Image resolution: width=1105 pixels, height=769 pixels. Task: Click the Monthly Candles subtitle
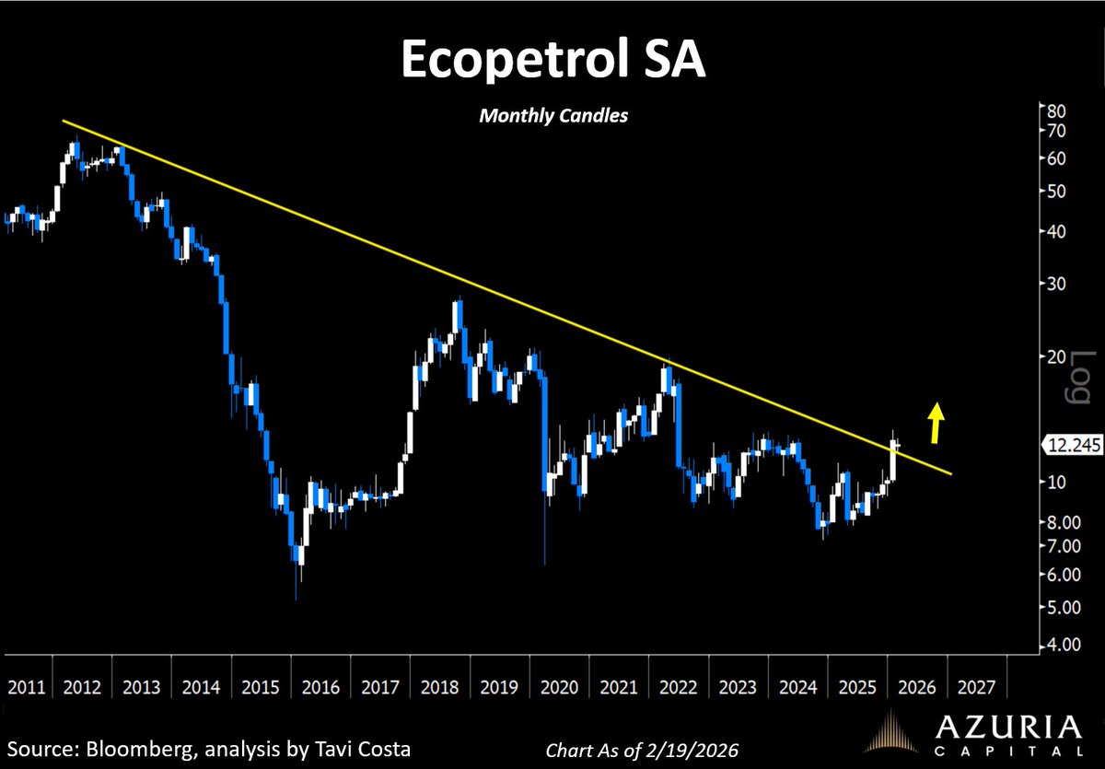coord(552,117)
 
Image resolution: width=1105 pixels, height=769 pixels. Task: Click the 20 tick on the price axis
coord(1054,356)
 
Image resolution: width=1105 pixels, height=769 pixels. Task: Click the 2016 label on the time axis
coord(320,688)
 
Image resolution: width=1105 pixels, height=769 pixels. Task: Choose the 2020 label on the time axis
coord(559,688)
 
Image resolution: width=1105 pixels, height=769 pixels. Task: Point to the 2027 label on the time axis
coord(975,688)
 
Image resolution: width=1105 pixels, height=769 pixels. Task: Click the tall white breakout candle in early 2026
coord(892,460)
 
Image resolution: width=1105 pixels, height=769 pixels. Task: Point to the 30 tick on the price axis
coord(1054,284)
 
